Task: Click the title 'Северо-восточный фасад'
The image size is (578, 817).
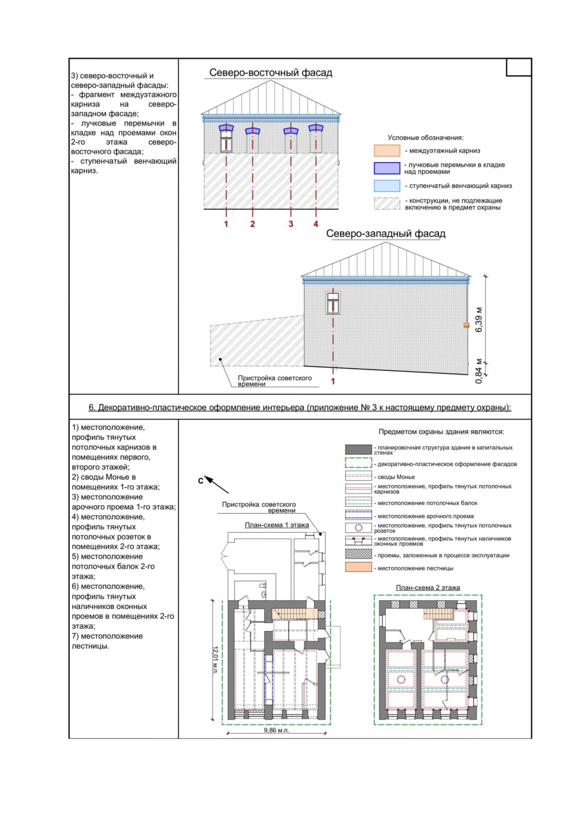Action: (271, 73)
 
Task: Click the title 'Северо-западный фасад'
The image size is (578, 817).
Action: (386, 233)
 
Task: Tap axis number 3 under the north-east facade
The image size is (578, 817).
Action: (291, 224)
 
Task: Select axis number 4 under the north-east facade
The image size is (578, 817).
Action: (316, 224)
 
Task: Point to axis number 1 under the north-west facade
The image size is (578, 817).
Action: (333, 381)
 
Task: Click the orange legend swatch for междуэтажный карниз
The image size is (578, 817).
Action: (387, 151)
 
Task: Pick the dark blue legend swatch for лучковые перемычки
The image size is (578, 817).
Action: (387, 168)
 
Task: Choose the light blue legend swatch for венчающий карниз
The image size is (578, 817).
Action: (387, 186)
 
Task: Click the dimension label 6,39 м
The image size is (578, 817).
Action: (479, 319)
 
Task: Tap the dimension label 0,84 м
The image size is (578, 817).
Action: (479, 371)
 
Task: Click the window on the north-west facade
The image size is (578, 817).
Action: (333, 303)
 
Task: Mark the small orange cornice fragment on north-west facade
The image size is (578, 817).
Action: (466, 325)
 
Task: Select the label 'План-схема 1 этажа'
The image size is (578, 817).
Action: (277, 525)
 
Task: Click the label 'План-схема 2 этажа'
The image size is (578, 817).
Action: (428, 587)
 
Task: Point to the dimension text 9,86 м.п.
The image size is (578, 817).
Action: (276, 730)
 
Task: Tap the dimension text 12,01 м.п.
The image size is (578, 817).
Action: (216, 660)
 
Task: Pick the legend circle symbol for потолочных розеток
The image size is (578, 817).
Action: (358, 528)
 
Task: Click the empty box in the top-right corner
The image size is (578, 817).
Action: (519, 67)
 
